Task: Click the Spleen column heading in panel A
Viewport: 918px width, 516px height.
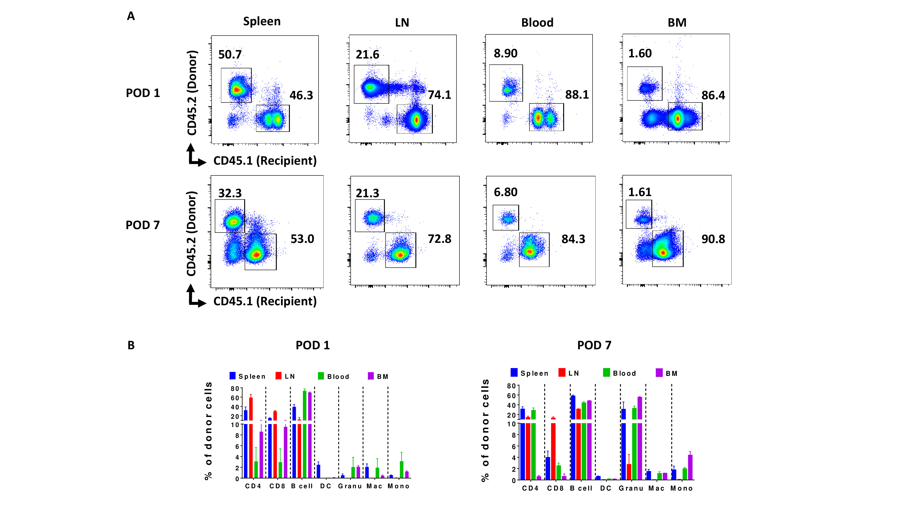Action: [x=262, y=21]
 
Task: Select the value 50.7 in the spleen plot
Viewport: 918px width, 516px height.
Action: [x=230, y=55]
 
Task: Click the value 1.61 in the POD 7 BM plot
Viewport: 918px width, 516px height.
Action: [x=639, y=192]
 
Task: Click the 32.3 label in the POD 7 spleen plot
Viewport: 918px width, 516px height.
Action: [x=230, y=193]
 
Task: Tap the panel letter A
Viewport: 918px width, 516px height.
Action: [x=131, y=16]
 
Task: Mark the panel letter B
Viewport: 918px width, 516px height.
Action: [x=131, y=345]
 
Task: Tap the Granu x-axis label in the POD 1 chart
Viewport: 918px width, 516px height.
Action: [x=350, y=486]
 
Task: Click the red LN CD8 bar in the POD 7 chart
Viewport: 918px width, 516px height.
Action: [x=553, y=449]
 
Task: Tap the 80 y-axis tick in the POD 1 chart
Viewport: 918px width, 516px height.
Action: [x=235, y=388]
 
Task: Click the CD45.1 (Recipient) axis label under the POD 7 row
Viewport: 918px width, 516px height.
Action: [x=265, y=301]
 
